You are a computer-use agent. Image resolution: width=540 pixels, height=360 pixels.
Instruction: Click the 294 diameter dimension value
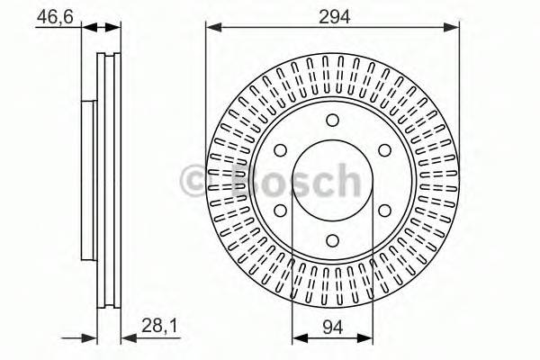coord(334,16)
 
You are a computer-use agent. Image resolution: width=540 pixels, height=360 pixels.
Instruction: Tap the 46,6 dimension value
coord(55,16)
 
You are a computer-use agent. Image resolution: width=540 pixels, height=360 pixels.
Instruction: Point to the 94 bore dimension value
coord(333,327)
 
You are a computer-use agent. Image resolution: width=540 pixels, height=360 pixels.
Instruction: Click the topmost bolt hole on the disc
coord(332,121)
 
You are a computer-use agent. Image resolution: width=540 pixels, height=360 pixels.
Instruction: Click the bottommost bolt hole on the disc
coord(332,240)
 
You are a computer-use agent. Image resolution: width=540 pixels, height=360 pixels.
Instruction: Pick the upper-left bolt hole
coord(280,150)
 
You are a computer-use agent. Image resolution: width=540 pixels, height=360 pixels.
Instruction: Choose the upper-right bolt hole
coord(384,150)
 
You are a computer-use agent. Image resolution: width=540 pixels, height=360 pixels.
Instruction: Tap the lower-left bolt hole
coord(280,211)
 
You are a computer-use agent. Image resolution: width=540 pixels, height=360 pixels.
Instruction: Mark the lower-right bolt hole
coord(384,211)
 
